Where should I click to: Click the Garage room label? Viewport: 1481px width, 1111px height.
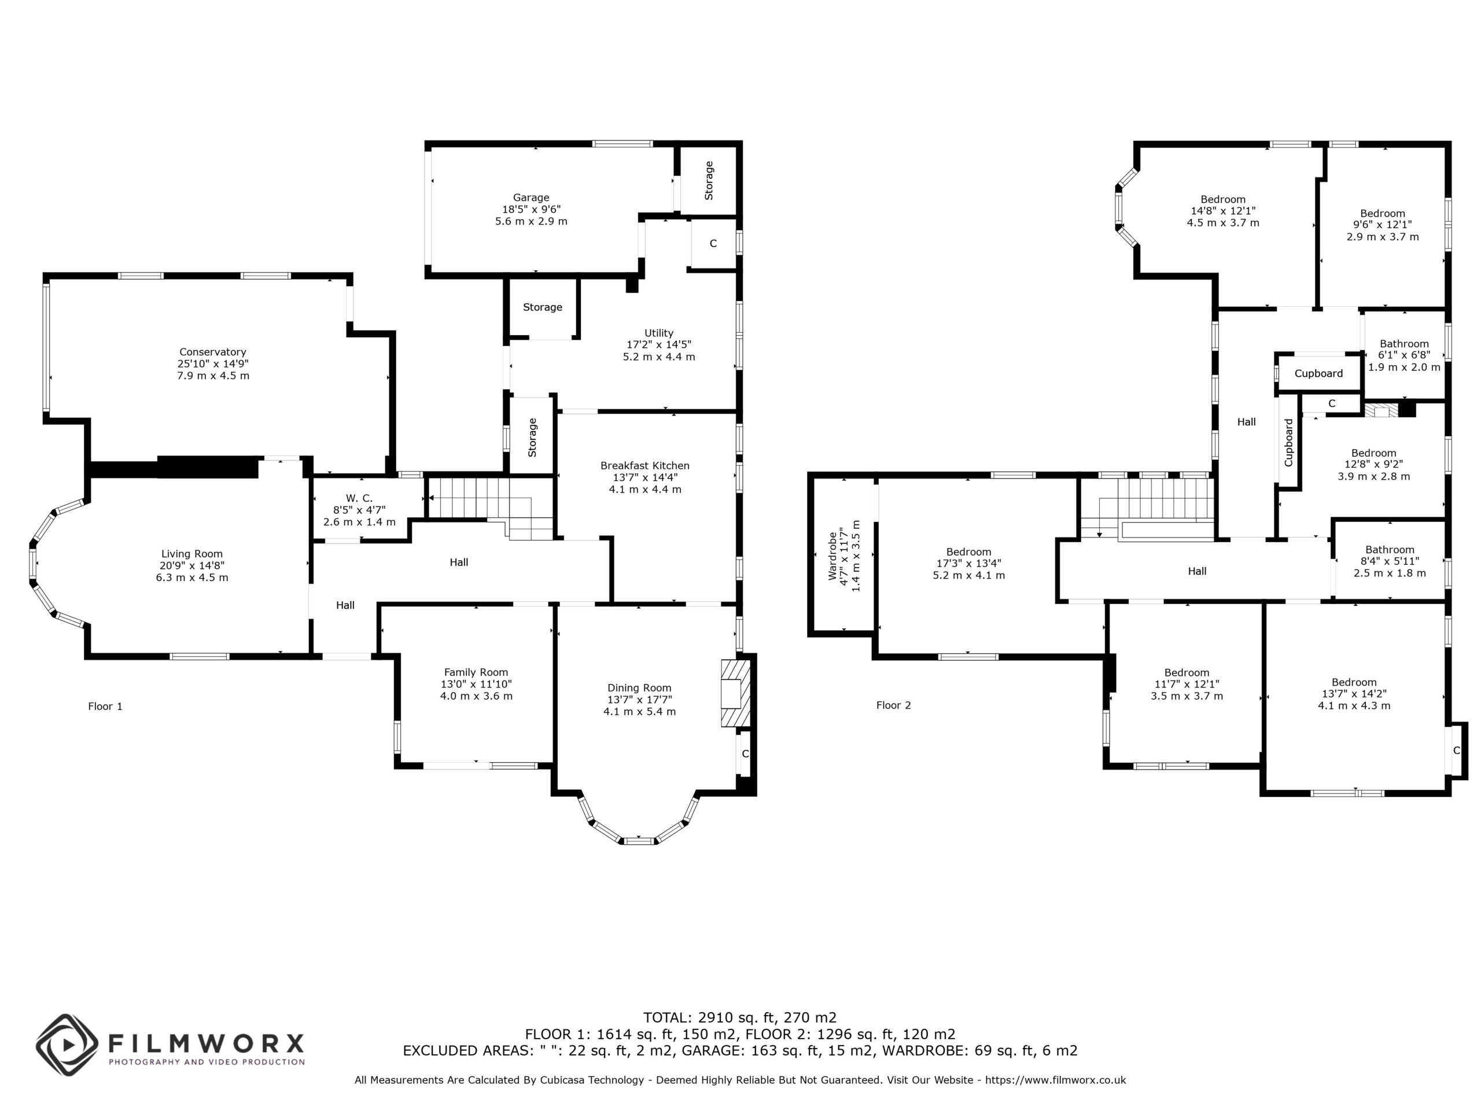(531, 197)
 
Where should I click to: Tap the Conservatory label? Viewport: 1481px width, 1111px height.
(213, 352)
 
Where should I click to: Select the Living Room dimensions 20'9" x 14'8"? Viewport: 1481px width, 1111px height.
(192, 565)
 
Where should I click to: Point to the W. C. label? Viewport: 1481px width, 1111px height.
(359, 498)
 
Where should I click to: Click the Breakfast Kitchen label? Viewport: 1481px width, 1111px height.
(645, 465)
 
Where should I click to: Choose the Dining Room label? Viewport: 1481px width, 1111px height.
(639, 688)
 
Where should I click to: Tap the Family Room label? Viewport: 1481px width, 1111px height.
(476, 672)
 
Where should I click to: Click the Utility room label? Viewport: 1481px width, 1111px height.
(659, 333)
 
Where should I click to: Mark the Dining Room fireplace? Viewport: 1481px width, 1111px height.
(735, 694)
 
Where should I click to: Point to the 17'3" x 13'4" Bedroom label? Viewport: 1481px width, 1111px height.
(969, 553)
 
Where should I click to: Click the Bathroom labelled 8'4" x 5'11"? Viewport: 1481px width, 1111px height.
(1390, 550)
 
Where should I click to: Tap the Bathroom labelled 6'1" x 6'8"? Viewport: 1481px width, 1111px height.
(1404, 344)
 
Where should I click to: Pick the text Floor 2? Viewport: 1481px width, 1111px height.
(894, 705)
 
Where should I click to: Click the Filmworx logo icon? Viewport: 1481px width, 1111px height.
(67, 1044)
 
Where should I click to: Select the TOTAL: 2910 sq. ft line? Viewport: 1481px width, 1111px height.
(740, 1018)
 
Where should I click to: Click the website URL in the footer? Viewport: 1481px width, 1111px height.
(1055, 1080)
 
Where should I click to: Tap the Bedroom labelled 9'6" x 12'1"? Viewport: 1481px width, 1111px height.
(1383, 214)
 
